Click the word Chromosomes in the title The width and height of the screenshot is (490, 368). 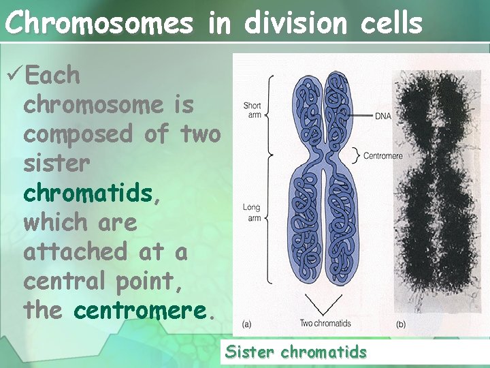pos(99,23)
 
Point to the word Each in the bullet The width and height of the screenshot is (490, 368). pos(52,76)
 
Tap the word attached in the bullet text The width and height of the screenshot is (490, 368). pos(76,251)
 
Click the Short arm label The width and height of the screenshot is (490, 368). pos(252,110)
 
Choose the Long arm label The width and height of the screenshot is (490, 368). pos(251,212)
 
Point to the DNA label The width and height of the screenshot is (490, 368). pos(383,117)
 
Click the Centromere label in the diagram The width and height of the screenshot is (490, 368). pos(383,156)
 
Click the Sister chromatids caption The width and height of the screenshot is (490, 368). pos(296,352)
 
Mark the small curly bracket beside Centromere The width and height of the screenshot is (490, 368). pos(356,156)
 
